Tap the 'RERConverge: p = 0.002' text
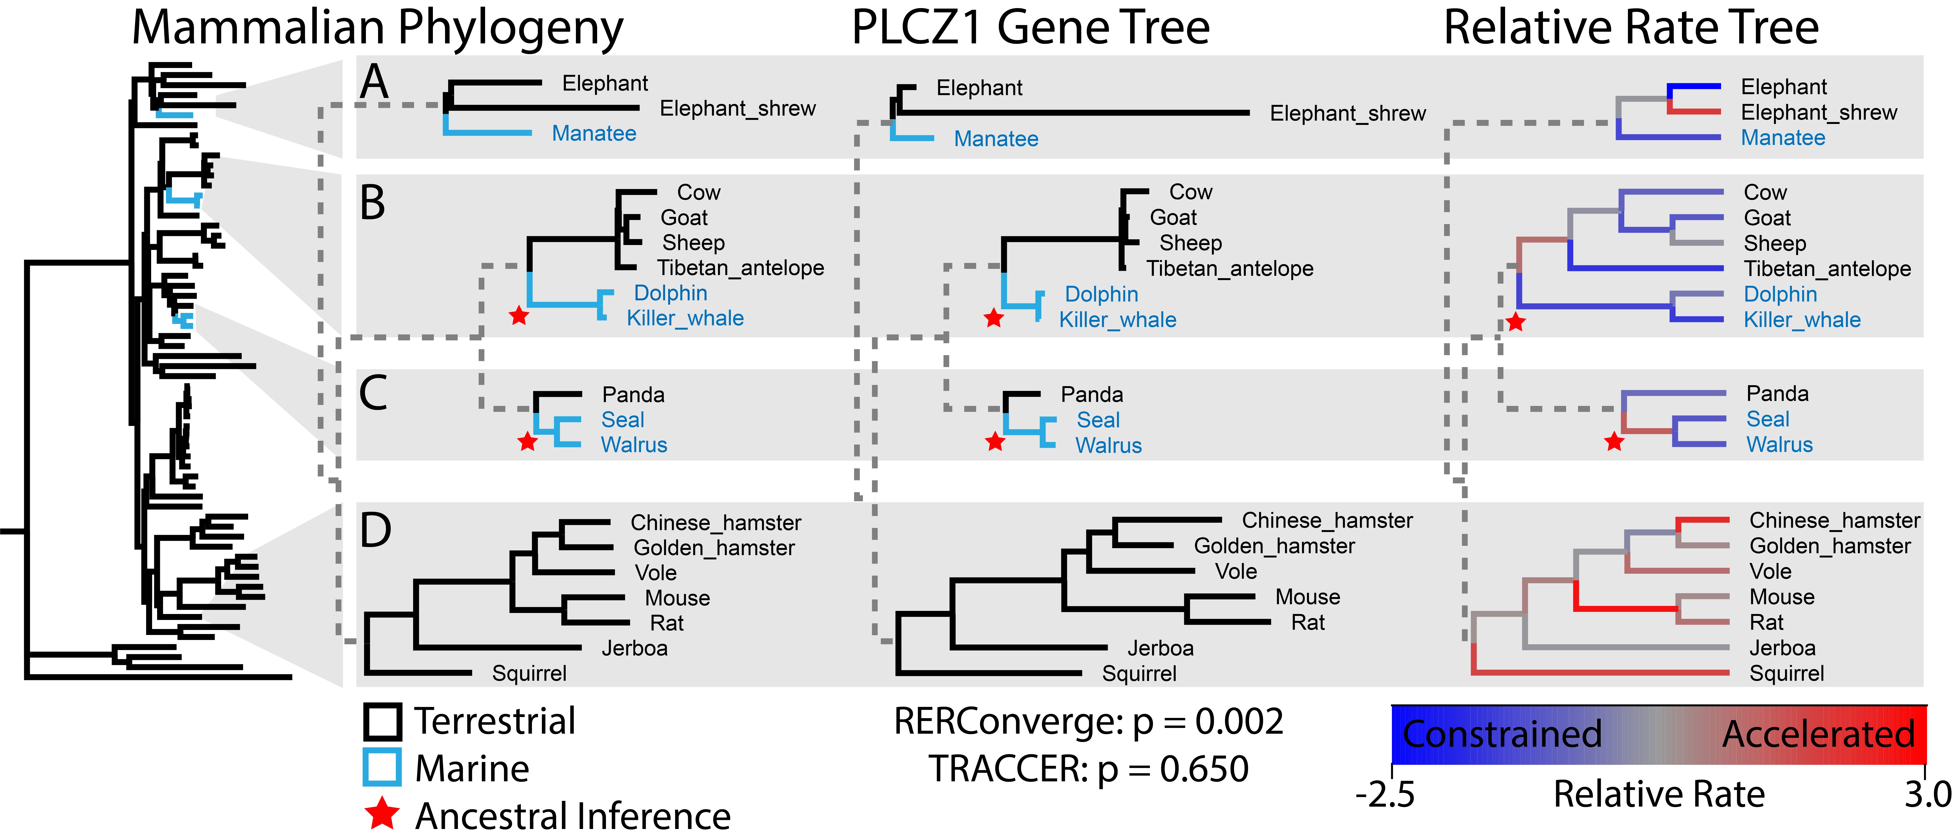(1089, 721)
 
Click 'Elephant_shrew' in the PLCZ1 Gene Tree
(1348, 114)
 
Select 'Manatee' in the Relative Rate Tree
(1783, 138)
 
